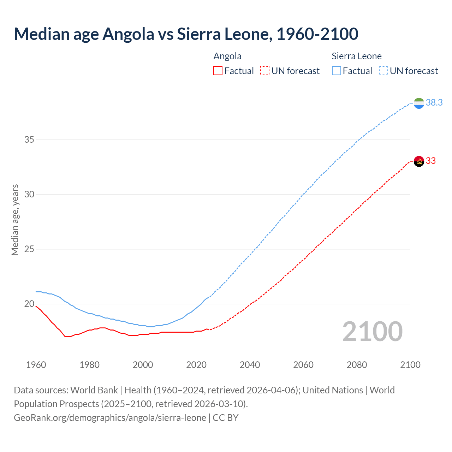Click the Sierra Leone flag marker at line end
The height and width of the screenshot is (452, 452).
click(419, 103)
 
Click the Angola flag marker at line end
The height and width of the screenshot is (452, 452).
click(419, 161)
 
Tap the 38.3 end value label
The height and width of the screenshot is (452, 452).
click(434, 102)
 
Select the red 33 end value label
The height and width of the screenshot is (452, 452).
click(430, 161)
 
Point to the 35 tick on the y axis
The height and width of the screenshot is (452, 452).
click(29, 140)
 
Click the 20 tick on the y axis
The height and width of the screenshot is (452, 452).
click(29, 304)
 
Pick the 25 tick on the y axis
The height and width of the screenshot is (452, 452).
click(29, 249)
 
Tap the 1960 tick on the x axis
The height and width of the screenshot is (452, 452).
click(36, 365)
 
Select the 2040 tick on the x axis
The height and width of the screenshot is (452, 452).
click(250, 365)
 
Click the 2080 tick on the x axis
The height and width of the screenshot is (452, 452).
click(357, 365)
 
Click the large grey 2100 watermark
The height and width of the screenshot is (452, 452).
click(372, 331)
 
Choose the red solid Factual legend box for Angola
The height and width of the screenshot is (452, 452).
click(218, 71)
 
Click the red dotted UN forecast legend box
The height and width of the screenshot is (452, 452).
click(265, 71)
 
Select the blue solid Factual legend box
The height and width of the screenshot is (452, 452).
click(337, 71)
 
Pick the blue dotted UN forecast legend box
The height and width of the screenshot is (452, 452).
click(383, 71)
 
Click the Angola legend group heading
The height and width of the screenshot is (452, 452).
click(227, 56)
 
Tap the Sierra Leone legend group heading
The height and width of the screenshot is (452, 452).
click(357, 56)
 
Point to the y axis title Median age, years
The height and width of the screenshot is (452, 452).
click(15, 220)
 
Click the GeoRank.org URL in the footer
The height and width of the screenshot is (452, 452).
click(110, 418)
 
